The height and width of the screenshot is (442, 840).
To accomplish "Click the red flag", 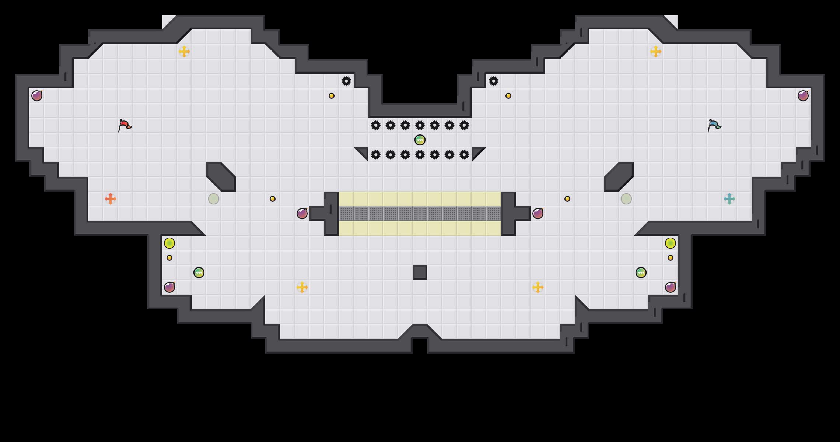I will pos(125,125).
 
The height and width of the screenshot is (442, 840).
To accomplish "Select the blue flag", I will pos(714,125).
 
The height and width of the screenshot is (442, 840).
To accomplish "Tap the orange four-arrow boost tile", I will pos(111,199).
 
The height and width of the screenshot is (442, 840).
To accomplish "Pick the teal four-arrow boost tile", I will pos(729,199).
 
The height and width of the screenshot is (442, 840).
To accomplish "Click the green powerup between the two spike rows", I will pos(420,140).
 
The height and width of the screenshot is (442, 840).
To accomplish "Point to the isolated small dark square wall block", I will pos(420,273).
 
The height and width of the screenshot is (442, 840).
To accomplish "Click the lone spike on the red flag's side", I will pos(346,81).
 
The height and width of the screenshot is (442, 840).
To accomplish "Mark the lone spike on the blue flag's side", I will pos(494,81).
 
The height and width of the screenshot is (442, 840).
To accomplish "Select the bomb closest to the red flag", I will pos(37,96).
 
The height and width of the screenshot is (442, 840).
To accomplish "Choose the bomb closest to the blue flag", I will pos(803,96).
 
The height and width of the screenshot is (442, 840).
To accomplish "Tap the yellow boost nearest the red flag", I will pos(184,52).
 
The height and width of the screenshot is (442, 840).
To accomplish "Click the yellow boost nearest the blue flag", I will pos(656,52).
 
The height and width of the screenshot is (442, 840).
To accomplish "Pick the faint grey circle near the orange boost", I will pos(214,199).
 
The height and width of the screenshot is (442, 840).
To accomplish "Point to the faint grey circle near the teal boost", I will pos(626,199).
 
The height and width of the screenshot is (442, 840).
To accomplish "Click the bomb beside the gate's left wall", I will pos(302,214).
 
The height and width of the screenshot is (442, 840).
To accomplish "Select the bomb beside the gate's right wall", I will pos(538,214).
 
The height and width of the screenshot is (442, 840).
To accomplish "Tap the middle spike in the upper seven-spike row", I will pos(420,125).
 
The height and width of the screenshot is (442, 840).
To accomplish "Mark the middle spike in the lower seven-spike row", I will pos(420,155).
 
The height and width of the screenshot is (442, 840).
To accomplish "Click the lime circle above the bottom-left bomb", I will pos(169,243).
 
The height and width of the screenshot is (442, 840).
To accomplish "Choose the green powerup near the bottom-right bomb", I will pos(641,273).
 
